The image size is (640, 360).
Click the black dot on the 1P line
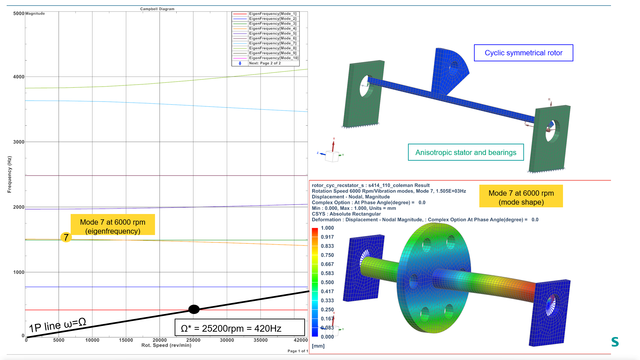pos(194,309)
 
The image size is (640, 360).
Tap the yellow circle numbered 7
pos(66,237)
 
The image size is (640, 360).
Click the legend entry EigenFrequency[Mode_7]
pos(272,43)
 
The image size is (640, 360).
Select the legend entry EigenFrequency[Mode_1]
pos(272,14)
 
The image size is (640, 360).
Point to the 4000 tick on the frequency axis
pos(19,77)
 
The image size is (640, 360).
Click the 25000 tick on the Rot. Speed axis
pos(193,340)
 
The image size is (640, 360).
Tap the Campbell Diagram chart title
pos(157,9)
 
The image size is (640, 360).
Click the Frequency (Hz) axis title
pos(9,174)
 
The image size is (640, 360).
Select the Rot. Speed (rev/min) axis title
pos(166,345)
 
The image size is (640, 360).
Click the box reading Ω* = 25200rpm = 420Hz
pos(240,328)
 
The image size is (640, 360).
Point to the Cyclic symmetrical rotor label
pos(523,53)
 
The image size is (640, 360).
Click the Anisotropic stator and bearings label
pos(466,152)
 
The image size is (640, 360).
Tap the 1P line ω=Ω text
pos(57,325)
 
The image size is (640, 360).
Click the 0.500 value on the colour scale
pos(327,282)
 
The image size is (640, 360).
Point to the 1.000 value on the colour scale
pos(327,228)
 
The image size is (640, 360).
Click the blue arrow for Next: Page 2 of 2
pos(240,63)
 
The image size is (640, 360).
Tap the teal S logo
pos(615,342)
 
